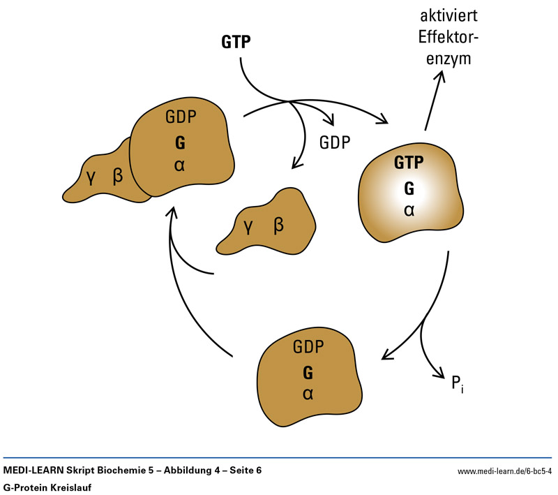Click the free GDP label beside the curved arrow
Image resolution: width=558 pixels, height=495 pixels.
[x=335, y=142]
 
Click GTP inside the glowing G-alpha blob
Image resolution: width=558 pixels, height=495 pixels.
[x=409, y=163]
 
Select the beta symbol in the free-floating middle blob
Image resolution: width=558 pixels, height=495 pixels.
[x=279, y=225]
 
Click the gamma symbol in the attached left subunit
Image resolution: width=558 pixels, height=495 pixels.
[x=90, y=177]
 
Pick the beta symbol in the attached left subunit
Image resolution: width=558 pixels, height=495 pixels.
[x=118, y=175]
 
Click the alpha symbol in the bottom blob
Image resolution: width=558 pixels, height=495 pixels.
[x=308, y=394]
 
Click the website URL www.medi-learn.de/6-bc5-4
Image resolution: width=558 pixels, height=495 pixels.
[x=504, y=472]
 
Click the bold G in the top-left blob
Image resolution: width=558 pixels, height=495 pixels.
[x=181, y=142]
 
